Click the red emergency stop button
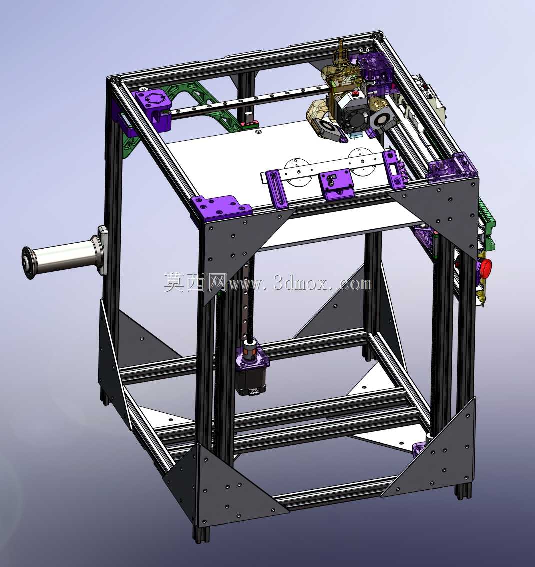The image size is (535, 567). click(x=485, y=267)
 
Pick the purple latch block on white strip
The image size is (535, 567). click(x=336, y=184)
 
